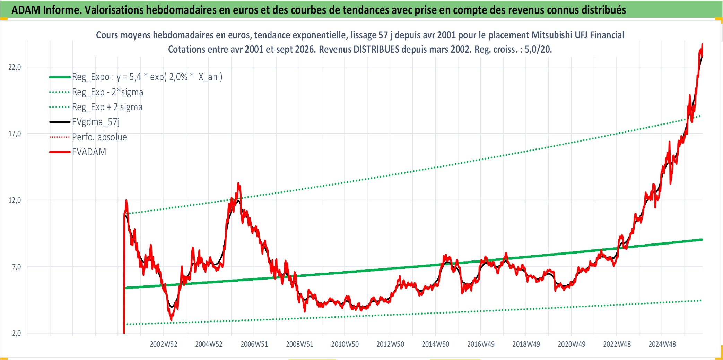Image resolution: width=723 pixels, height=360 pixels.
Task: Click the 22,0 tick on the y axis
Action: [15, 67]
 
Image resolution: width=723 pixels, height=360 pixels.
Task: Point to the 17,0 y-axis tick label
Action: [15, 134]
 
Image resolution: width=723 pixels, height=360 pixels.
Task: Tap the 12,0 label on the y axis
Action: [15, 200]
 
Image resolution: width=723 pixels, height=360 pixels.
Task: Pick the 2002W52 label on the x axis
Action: [164, 344]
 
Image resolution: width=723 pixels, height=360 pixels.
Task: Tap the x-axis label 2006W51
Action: [254, 344]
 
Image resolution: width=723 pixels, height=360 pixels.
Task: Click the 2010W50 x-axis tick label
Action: [345, 344]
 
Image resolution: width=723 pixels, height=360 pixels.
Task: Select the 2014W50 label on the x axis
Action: [435, 344]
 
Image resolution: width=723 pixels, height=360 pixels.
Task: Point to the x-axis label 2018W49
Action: [526, 344]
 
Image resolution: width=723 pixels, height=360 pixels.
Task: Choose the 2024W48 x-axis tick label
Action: [662, 344]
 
